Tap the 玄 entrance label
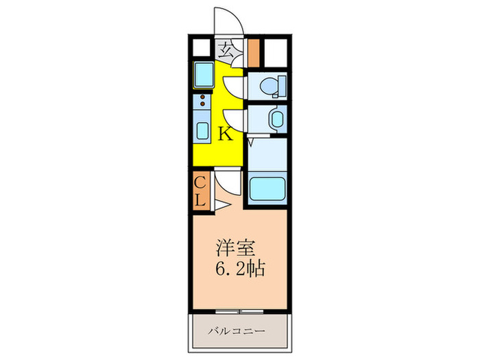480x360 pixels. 225,49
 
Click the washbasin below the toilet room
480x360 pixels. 276,120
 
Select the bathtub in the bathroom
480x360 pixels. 266,188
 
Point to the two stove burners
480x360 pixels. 202,101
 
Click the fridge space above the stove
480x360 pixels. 204,75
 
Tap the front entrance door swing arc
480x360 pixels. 226,19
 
